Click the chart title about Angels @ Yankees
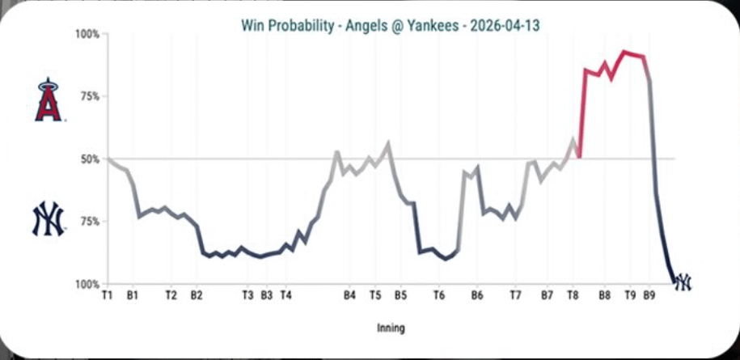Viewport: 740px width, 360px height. click(x=391, y=25)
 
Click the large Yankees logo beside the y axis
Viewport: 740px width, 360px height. click(x=48, y=219)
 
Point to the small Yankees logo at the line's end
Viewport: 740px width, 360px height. click(x=683, y=282)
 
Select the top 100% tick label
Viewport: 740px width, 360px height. click(x=87, y=35)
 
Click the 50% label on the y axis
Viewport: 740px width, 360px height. click(x=90, y=159)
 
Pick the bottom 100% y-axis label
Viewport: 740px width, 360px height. click(x=87, y=284)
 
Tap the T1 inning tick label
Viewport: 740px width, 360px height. click(x=107, y=296)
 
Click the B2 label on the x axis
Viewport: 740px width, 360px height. click(x=197, y=296)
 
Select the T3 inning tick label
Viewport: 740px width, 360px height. click(x=248, y=296)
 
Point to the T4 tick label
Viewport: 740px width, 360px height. click(x=285, y=296)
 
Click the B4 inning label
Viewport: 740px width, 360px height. click(x=349, y=296)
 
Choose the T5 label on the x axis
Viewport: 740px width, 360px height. click(x=375, y=296)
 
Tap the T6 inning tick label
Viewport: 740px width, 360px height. click(x=438, y=296)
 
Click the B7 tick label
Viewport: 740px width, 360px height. click(x=547, y=296)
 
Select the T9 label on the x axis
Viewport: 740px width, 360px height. click(x=630, y=296)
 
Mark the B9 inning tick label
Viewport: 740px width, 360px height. click(x=649, y=296)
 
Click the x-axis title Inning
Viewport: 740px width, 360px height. click(x=391, y=328)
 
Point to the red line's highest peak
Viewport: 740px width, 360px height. click(x=623, y=52)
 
